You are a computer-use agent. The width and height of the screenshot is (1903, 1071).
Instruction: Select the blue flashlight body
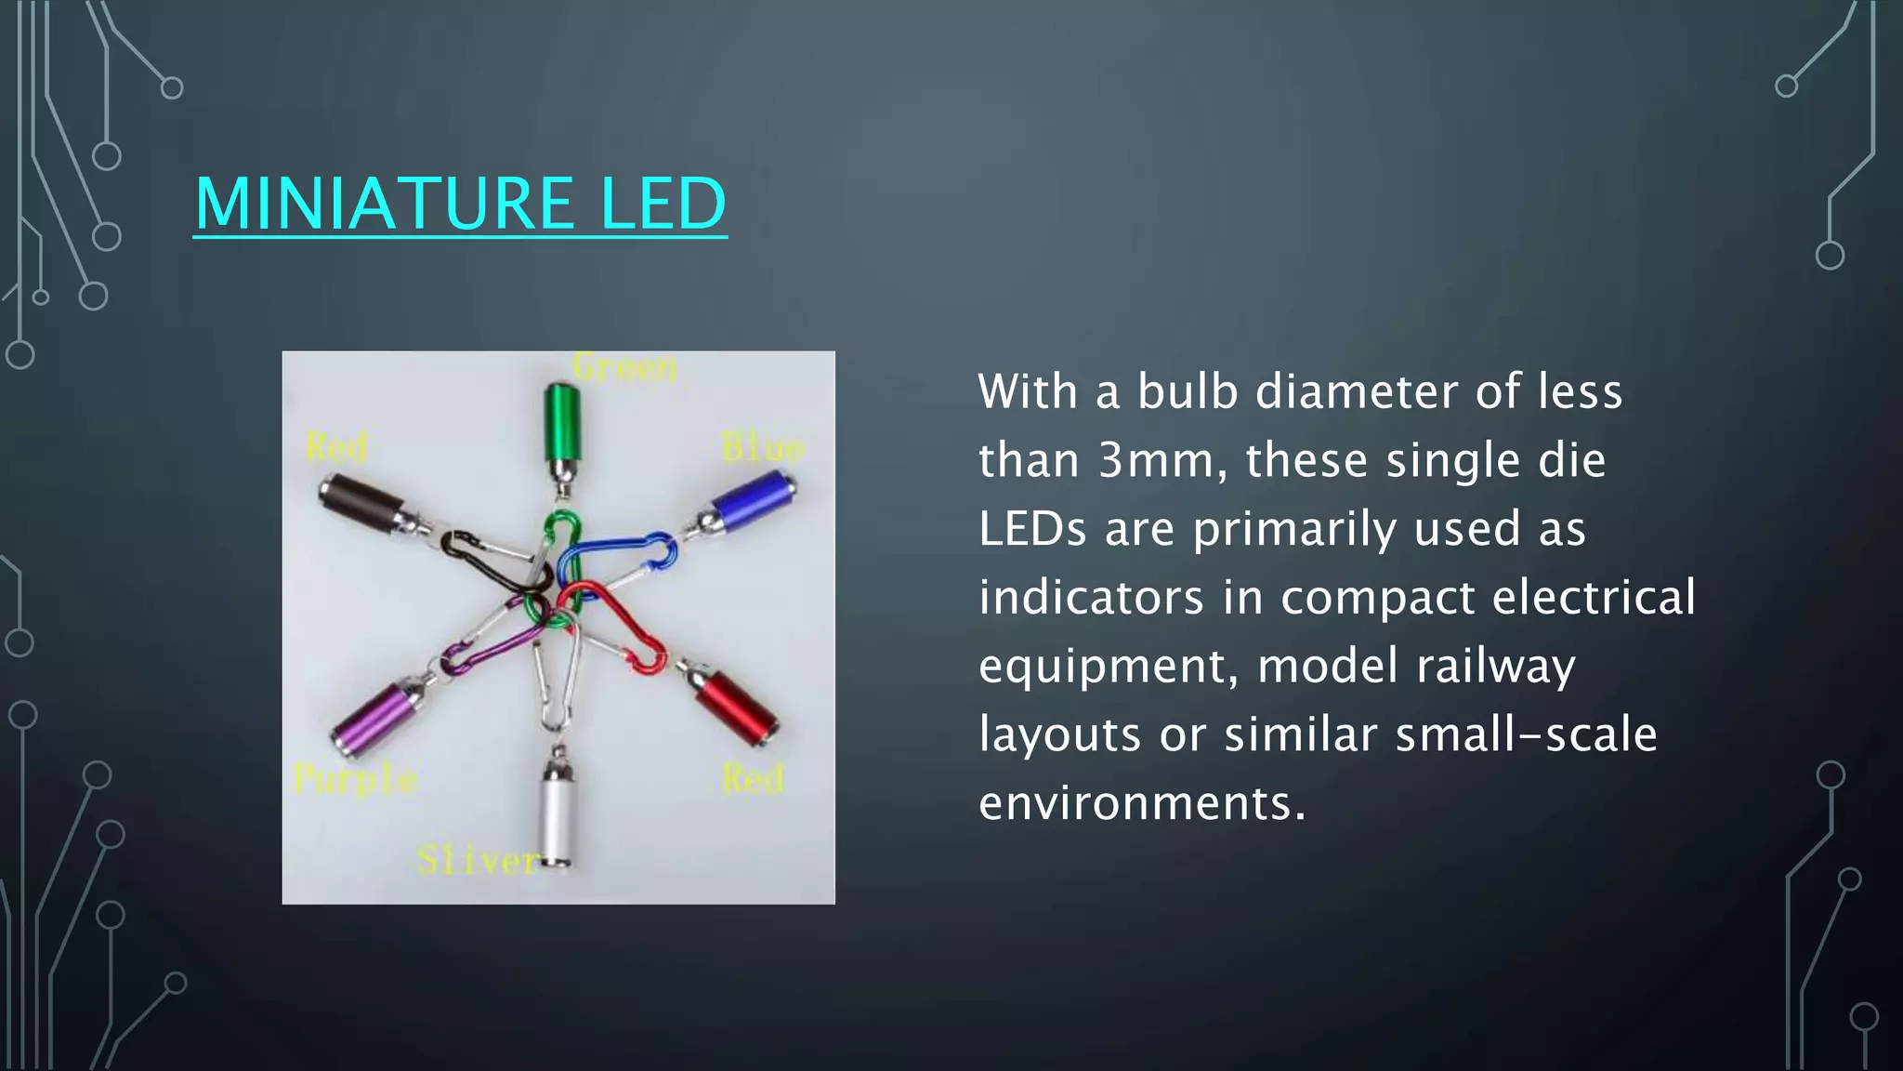pos(752,503)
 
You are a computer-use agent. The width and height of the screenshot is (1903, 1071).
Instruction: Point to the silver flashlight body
pos(556,818)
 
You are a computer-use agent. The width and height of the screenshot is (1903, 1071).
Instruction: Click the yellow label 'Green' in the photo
pos(624,368)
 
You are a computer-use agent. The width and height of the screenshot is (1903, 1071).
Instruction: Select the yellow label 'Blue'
pos(762,449)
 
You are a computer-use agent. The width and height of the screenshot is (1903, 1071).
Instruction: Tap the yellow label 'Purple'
pos(354,779)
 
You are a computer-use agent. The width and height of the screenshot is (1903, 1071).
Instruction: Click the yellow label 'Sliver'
pos(477,861)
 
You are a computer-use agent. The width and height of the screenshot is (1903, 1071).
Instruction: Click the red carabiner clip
pos(623,627)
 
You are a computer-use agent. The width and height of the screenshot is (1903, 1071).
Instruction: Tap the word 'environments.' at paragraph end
pos(1142,803)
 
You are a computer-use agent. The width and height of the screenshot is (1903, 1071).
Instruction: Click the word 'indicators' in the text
pos(1091,598)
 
